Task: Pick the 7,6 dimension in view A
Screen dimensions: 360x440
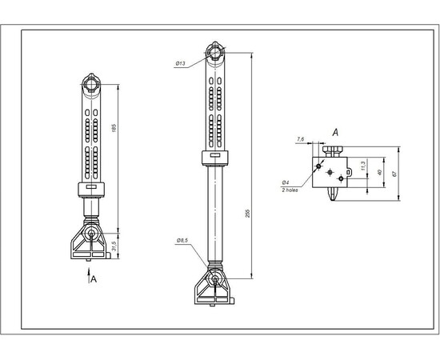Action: coord(300,139)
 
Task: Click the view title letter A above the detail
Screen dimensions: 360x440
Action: coord(337,130)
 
